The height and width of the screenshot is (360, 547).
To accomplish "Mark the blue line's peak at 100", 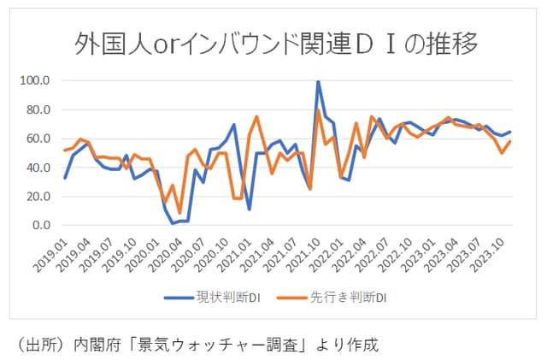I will (318, 81).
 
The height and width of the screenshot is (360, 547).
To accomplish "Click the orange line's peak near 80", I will (319, 110).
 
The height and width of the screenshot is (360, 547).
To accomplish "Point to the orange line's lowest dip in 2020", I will (179, 213).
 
